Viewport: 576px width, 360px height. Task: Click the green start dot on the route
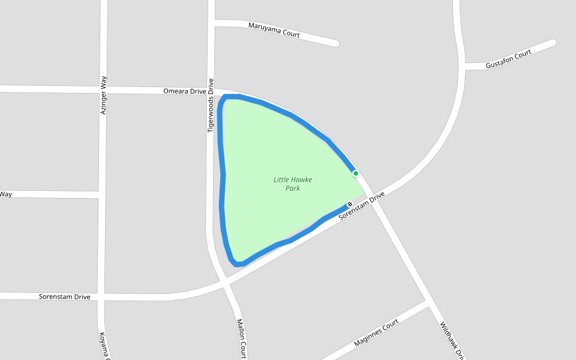356,173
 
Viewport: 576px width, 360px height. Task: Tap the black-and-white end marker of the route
350,204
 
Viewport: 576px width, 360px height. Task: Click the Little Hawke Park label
293,184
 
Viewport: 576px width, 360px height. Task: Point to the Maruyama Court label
274,30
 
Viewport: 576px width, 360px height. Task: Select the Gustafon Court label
509,59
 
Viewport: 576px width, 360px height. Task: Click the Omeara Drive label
184,91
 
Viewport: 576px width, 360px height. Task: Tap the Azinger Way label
103,95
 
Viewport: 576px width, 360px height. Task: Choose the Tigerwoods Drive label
211,106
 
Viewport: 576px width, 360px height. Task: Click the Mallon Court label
241,338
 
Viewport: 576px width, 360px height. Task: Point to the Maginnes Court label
376,333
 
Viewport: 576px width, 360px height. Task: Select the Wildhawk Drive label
452,340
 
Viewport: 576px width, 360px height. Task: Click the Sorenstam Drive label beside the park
361,206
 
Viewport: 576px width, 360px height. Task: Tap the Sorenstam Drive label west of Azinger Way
65,297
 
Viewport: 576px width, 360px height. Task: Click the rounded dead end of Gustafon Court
552,43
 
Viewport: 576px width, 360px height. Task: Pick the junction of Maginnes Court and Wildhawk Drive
430,305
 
